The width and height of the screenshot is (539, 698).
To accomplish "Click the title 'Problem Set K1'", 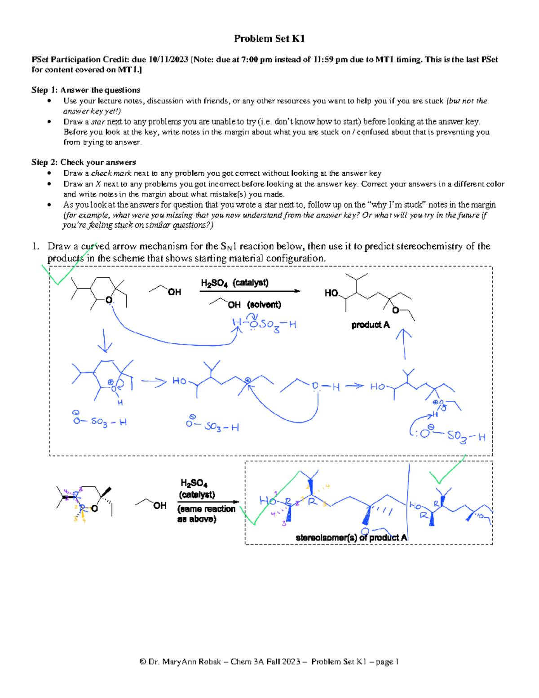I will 269,39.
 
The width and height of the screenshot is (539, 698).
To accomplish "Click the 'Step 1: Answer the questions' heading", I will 86,90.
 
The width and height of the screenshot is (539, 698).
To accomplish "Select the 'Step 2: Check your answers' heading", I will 84,162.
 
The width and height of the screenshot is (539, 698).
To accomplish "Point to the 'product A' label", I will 370,325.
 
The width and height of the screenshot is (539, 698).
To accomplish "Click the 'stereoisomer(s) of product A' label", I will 351,538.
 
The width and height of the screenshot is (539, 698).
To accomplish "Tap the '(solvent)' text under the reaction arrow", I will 264,305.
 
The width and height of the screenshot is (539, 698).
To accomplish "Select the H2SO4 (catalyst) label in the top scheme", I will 234,283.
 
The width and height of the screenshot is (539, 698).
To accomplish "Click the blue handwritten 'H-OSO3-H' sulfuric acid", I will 264,324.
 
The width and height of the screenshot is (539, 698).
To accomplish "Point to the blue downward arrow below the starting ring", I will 105,341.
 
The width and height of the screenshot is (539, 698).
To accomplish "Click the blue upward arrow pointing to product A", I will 405,344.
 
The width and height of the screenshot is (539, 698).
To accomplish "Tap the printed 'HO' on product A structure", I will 331,293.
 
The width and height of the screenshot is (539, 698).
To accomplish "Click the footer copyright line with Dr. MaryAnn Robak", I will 269,662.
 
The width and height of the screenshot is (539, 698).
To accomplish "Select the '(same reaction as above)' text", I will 206,514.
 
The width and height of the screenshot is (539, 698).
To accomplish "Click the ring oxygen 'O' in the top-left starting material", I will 108,300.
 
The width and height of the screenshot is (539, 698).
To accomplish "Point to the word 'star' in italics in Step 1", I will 98,122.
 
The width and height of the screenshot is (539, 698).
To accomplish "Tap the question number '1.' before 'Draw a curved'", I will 35,246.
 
